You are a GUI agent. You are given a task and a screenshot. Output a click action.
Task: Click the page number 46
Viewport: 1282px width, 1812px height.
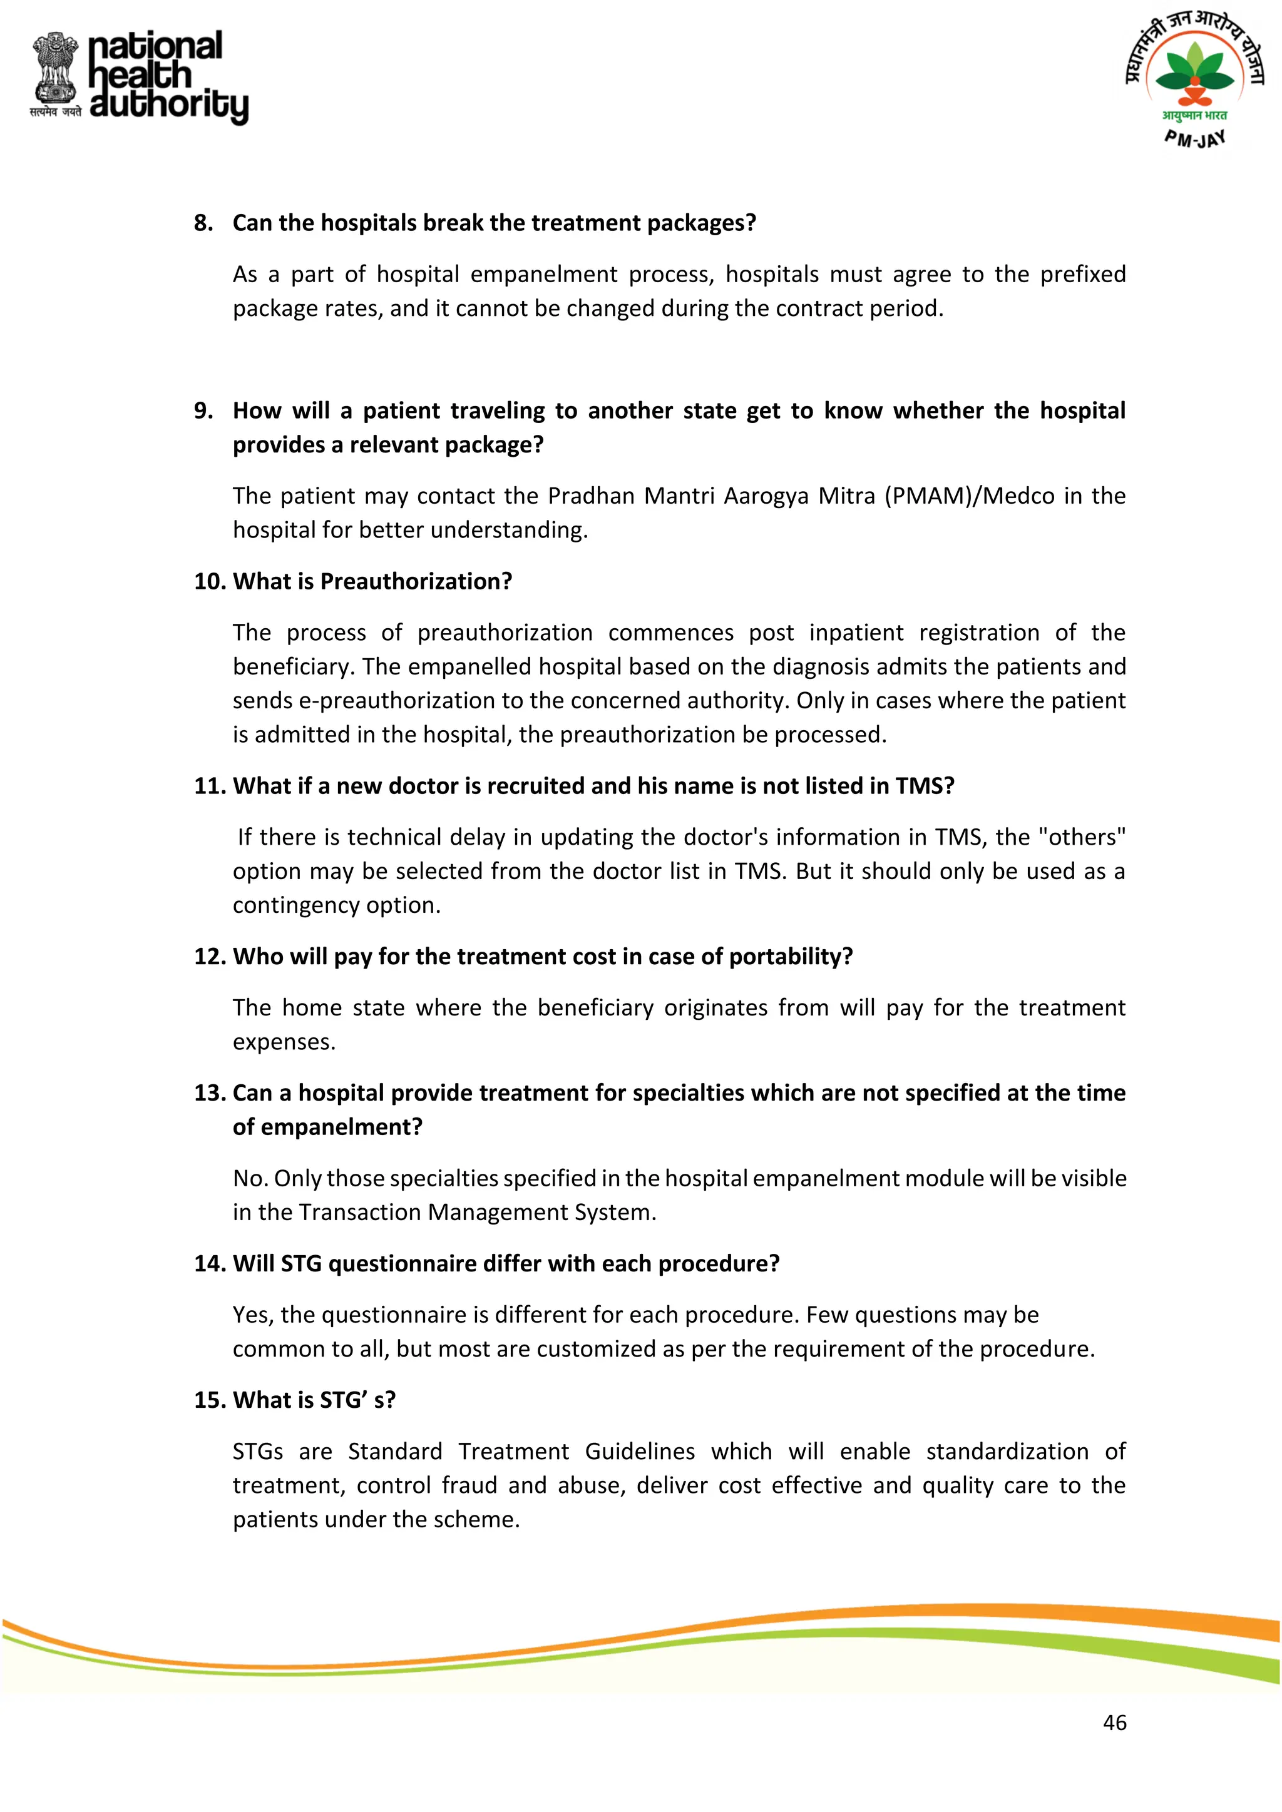[x=1114, y=1722]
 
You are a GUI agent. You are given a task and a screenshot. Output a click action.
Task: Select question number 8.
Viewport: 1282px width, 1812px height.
[x=203, y=223]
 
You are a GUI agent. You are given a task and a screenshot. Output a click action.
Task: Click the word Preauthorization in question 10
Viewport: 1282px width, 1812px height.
[x=416, y=582]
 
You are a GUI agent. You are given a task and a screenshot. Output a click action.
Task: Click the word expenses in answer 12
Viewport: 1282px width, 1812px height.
[x=284, y=1042]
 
